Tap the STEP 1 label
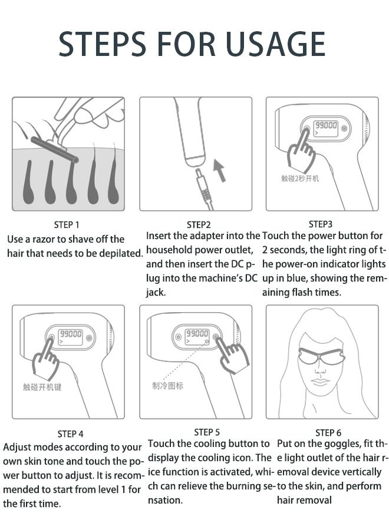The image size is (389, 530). [x=67, y=224]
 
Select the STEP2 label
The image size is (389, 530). [x=199, y=224]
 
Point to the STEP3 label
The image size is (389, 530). [x=321, y=224]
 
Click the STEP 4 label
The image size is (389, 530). [x=70, y=434]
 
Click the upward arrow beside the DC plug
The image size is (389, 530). [x=219, y=167]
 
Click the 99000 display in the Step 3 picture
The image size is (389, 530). [x=325, y=126]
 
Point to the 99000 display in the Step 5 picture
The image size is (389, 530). [x=197, y=334]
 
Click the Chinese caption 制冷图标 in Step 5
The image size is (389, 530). [x=167, y=386]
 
